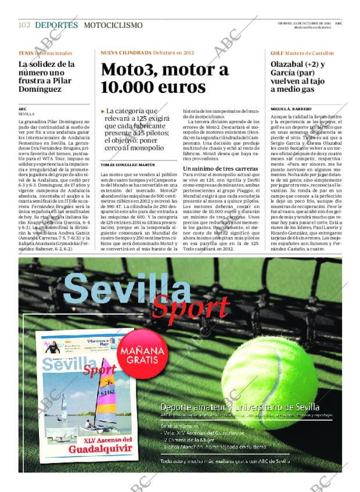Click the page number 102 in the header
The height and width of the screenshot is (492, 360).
(x=24, y=25)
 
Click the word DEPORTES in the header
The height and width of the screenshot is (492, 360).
(x=56, y=25)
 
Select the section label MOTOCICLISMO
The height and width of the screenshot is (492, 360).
(x=113, y=25)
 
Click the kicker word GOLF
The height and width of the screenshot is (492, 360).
(x=278, y=53)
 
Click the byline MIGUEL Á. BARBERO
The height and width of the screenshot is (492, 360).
(x=290, y=109)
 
